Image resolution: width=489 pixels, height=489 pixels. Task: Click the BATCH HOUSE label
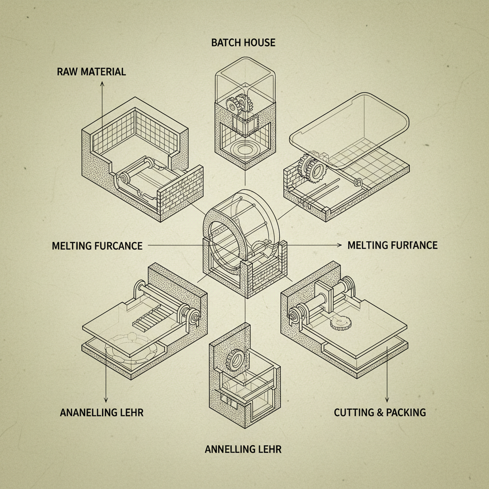(x=243, y=43)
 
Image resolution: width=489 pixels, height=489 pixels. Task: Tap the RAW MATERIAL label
(x=91, y=72)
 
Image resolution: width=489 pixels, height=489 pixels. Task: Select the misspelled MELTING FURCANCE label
(x=97, y=246)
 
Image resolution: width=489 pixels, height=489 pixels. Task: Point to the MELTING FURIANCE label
(x=393, y=245)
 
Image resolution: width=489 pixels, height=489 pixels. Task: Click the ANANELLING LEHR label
(x=102, y=413)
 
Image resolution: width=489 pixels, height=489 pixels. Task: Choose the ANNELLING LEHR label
(x=243, y=449)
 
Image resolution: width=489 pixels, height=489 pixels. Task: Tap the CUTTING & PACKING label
(x=380, y=413)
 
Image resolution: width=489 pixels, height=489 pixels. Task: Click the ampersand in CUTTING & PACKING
(x=380, y=413)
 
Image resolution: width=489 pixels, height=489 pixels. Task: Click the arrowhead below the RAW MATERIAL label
(x=102, y=83)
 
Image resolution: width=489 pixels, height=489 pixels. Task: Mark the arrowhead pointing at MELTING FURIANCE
(x=340, y=245)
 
